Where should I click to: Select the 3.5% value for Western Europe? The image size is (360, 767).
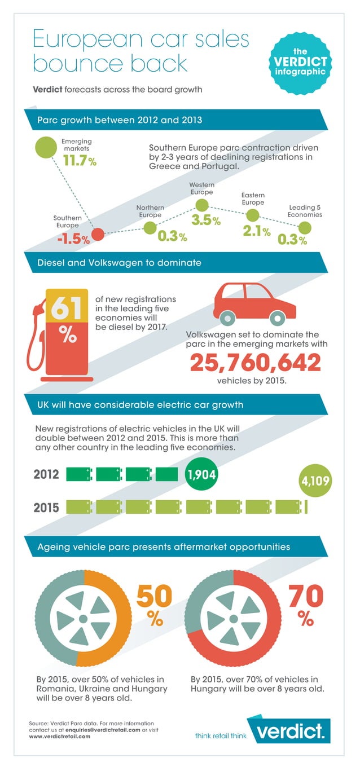tap(205, 221)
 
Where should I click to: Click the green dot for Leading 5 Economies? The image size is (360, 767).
tap(305, 228)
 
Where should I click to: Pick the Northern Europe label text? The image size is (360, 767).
tap(150, 211)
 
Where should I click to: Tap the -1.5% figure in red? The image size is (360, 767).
tap(73, 239)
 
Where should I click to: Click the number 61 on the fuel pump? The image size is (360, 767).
tap(67, 308)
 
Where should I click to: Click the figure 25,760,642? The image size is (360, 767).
tap(255, 362)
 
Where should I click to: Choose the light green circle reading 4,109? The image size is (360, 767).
tap(314, 482)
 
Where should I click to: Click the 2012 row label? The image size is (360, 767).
tap(46, 474)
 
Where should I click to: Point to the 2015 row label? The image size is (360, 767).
tap(46, 507)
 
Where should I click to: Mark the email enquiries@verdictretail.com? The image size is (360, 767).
tap(104, 730)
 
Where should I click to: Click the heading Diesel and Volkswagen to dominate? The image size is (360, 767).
tap(119, 263)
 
